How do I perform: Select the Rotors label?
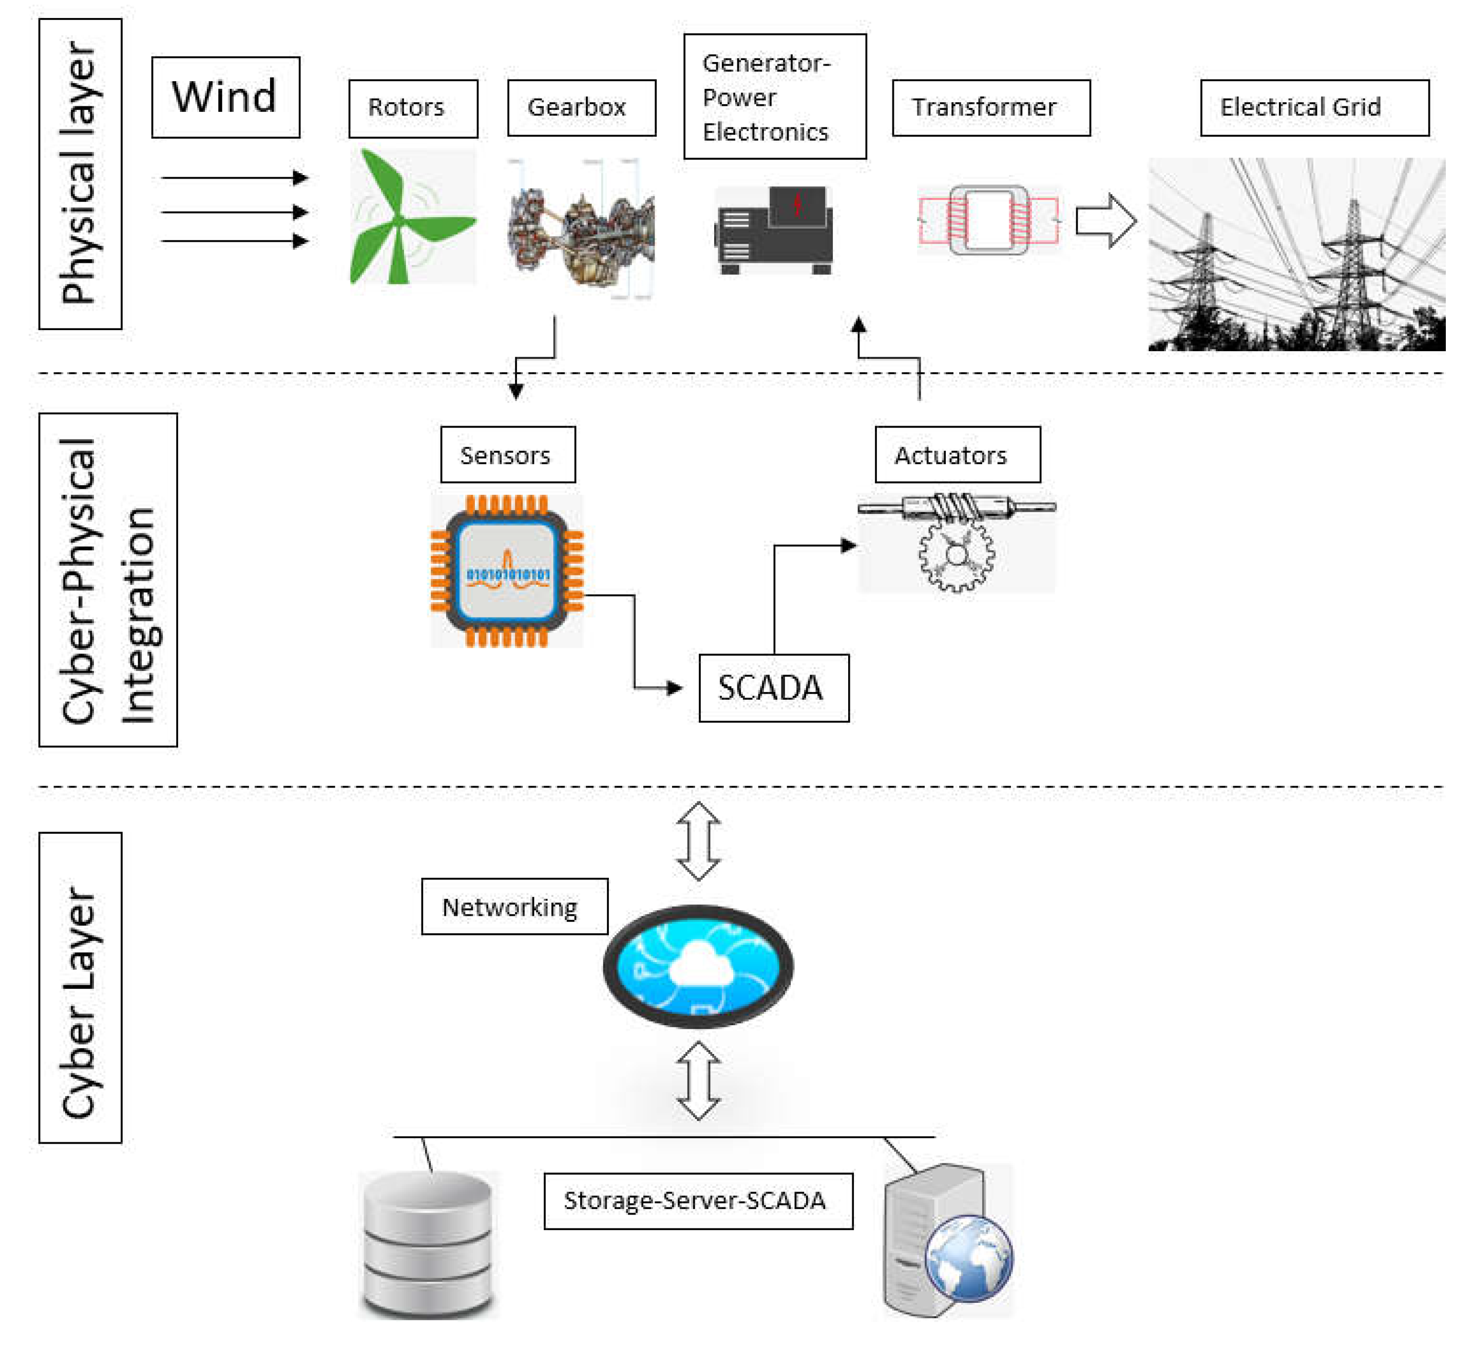413,108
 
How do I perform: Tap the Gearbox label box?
581,108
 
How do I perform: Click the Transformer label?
991,108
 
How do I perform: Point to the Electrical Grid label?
1314,108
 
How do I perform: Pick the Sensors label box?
508,455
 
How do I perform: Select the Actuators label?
958,455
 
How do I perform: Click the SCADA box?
774,688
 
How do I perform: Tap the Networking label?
514,907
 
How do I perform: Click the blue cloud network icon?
698,966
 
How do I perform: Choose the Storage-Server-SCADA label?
698,1201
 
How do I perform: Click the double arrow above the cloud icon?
698,841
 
